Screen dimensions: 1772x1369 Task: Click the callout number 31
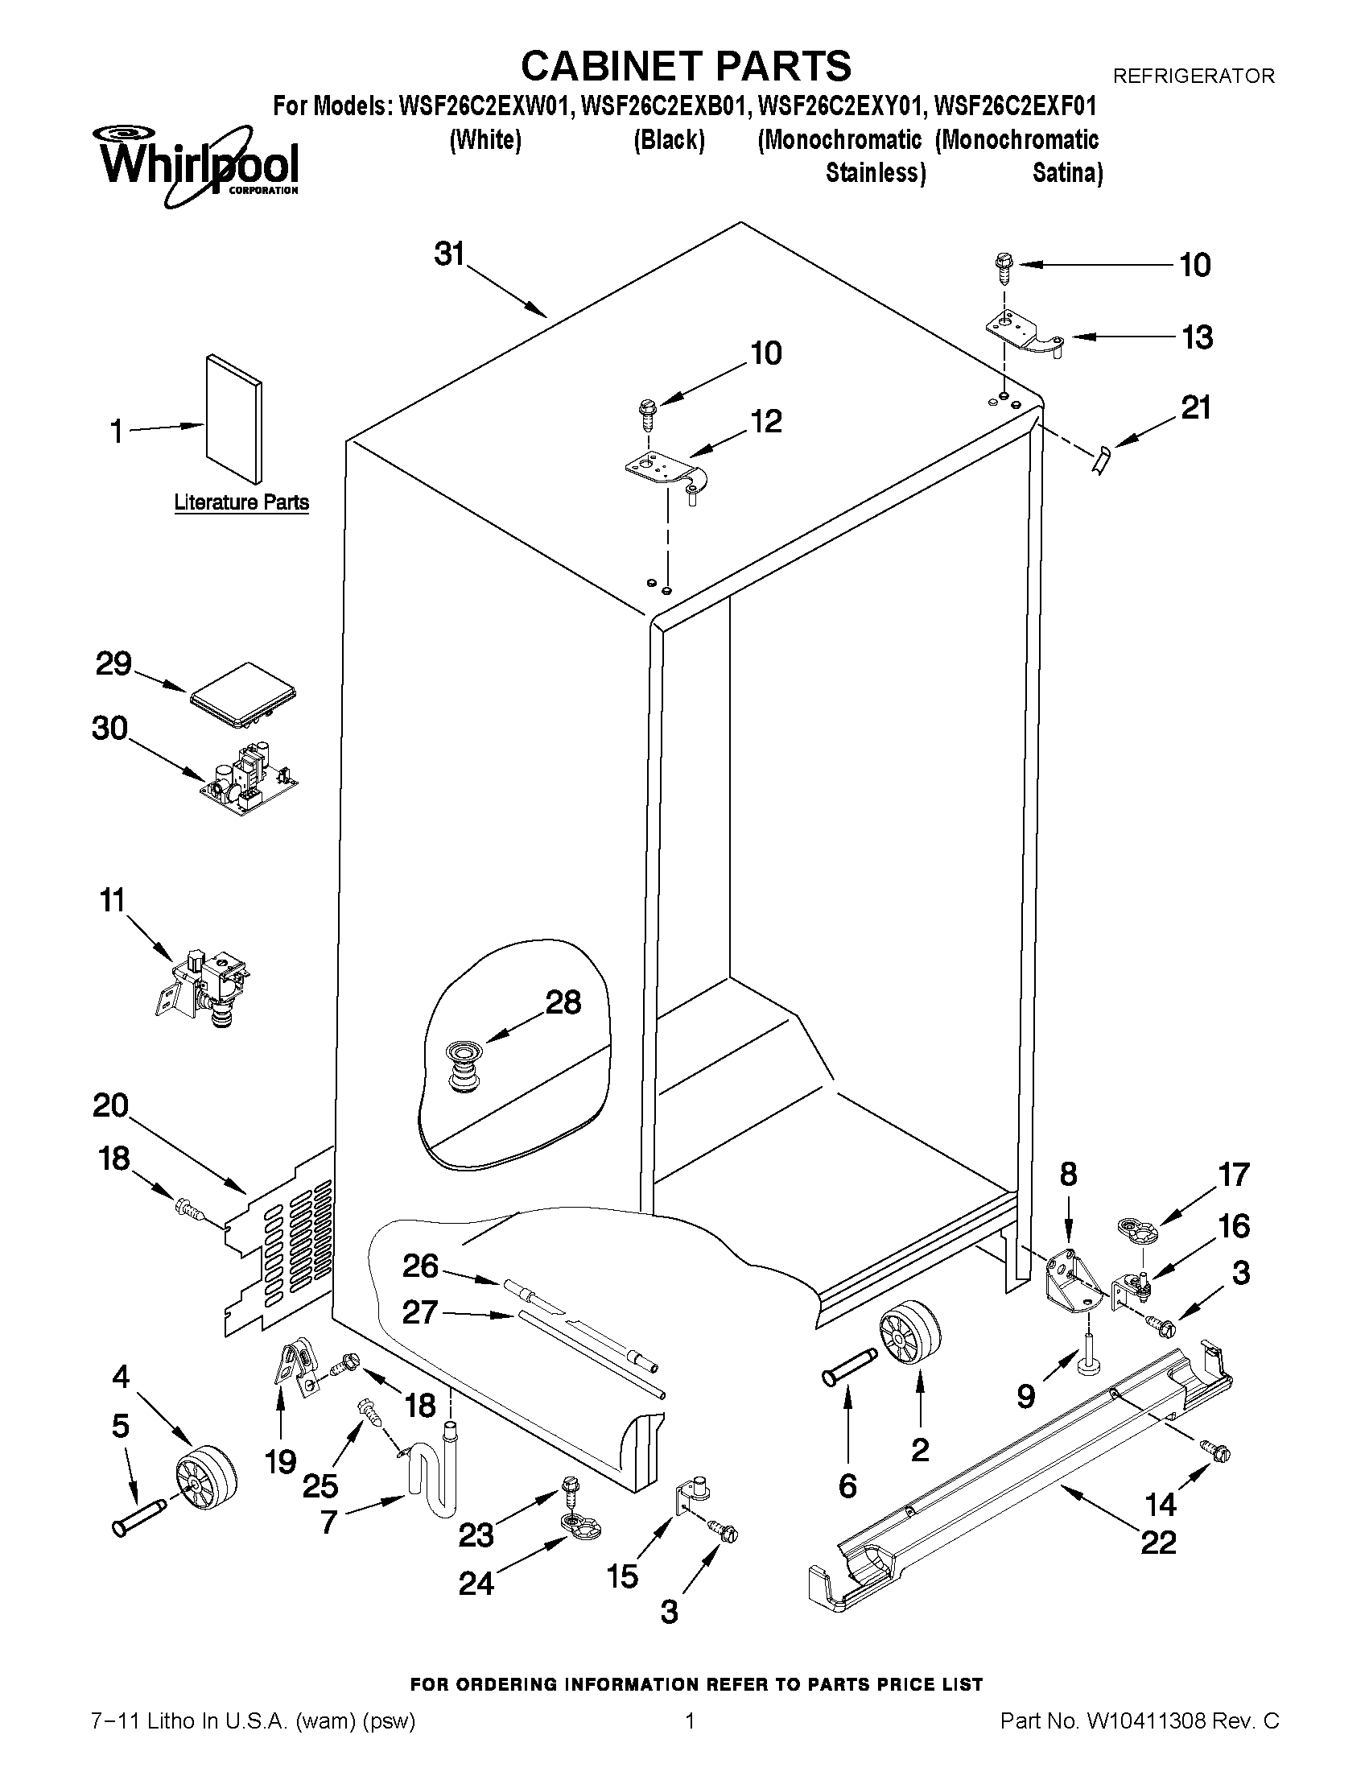(x=448, y=254)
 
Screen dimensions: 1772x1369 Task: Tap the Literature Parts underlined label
(x=241, y=502)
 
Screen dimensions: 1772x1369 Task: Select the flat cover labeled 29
(x=242, y=696)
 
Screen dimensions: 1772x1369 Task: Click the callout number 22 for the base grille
(x=1158, y=1541)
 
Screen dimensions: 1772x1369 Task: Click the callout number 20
(x=111, y=1105)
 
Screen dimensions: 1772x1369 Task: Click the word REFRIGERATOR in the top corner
(x=1193, y=76)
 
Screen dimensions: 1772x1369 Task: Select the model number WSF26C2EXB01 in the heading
(x=654, y=106)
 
